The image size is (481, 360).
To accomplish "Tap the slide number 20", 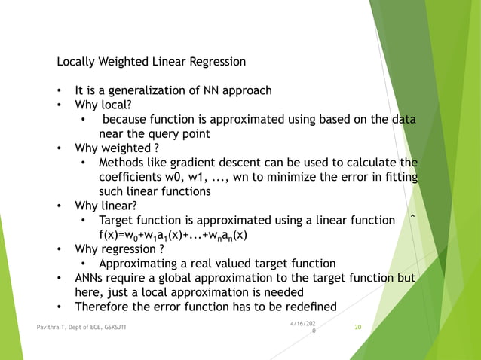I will pos(358,328).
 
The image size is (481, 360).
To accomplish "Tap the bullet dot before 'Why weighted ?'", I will pos(59,148).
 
